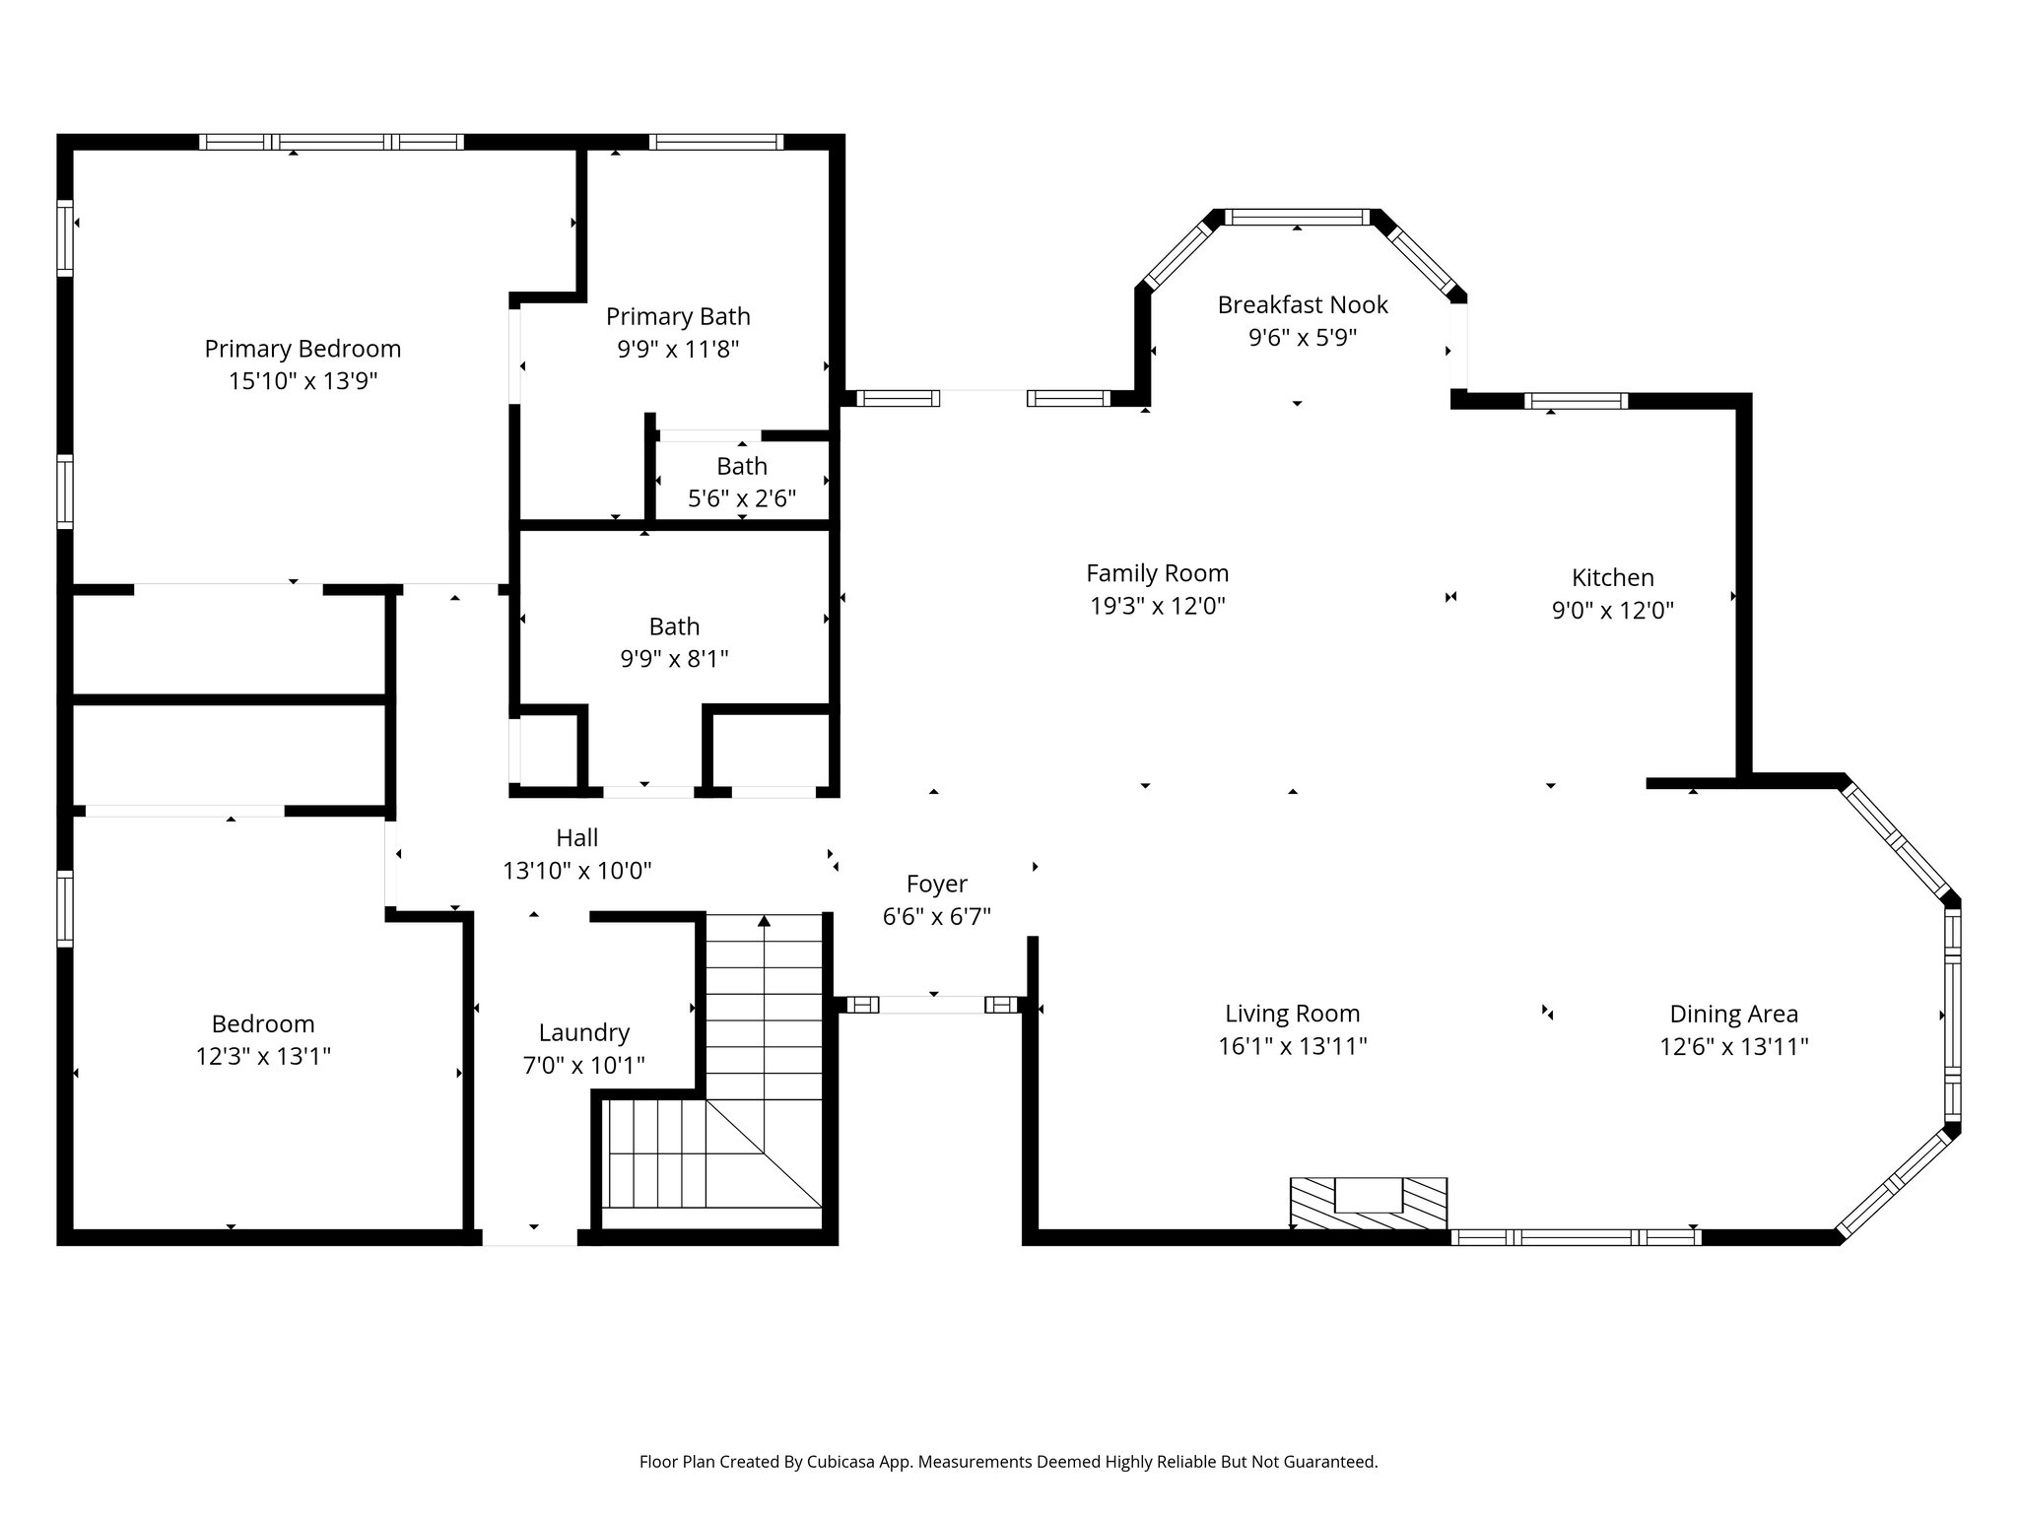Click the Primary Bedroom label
point(303,349)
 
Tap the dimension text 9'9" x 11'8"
point(678,349)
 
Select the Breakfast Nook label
point(1303,305)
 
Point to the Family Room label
point(1158,573)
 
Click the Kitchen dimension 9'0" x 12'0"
point(1613,610)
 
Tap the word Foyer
point(937,885)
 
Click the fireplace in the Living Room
point(1369,1202)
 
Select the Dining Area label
point(1734,1014)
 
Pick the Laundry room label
point(584,1032)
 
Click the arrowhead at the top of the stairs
point(764,921)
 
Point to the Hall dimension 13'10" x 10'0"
point(577,871)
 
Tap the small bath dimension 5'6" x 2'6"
point(742,498)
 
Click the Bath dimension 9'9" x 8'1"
point(675,658)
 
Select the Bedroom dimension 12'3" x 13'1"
point(263,1056)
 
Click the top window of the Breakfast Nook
point(1297,217)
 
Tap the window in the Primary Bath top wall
point(716,142)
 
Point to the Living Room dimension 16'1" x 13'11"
point(1293,1046)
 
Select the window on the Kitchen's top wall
point(1576,401)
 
